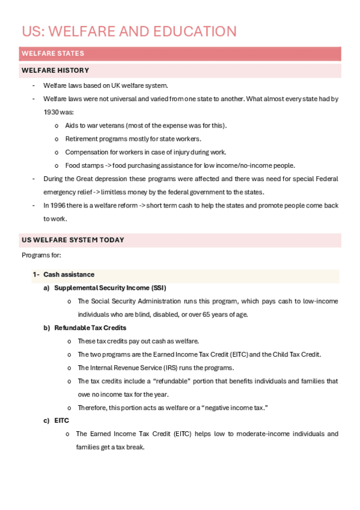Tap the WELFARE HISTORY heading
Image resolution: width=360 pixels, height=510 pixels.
point(55,71)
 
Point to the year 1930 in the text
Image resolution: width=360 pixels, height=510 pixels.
point(51,112)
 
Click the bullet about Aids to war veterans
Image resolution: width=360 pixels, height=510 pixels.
point(145,125)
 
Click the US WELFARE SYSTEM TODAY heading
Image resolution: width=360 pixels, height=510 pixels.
point(73,240)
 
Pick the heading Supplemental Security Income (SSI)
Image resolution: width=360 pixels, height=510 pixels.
point(110,288)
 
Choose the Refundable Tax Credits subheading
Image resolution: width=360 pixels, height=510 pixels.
point(90,328)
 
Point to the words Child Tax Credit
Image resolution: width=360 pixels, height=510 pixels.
point(298,354)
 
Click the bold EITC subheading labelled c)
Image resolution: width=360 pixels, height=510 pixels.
point(61,421)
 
